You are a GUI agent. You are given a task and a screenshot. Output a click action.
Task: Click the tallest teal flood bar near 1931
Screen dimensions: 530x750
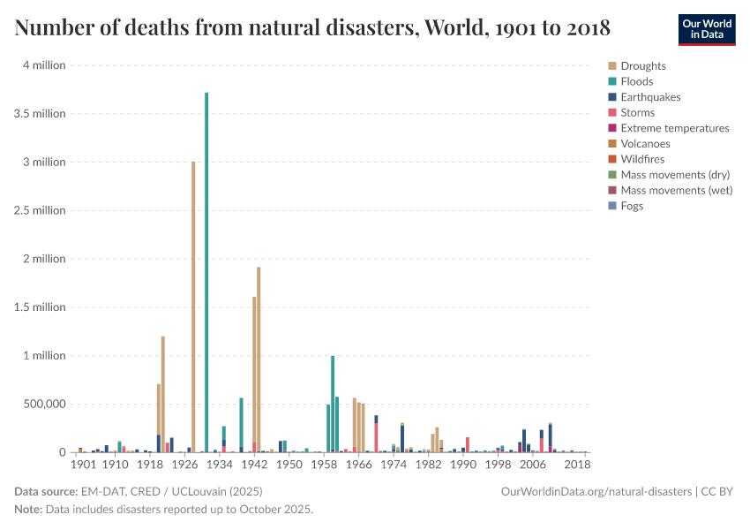click(x=206, y=265)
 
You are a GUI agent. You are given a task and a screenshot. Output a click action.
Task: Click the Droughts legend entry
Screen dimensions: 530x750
click(x=643, y=66)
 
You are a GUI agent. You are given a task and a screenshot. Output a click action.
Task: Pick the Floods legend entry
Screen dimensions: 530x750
click(x=636, y=81)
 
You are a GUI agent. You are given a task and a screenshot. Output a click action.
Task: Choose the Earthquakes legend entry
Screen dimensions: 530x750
click(x=650, y=97)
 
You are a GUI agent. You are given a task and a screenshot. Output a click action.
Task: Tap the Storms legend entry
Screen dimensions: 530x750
click(x=637, y=112)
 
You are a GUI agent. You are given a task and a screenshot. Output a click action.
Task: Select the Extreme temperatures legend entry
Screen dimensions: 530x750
click(x=674, y=128)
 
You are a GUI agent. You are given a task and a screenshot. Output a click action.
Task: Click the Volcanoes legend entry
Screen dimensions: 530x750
click(x=645, y=143)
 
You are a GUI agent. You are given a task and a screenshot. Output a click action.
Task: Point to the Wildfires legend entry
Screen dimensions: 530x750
click(x=642, y=159)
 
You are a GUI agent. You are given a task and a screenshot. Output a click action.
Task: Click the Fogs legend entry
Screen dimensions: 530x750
click(x=632, y=206)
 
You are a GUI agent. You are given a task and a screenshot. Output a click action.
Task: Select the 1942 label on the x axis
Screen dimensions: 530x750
click(x=254, y=465)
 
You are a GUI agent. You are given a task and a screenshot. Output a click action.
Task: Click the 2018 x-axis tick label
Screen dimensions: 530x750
click(x=577, y=465)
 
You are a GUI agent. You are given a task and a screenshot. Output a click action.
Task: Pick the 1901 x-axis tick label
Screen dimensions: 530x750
click(x=83, y=465)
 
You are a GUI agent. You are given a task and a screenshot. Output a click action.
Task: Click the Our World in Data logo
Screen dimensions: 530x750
click(x=706, y=29)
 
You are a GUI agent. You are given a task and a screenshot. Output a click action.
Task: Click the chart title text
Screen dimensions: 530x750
click(x=312, y=28)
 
